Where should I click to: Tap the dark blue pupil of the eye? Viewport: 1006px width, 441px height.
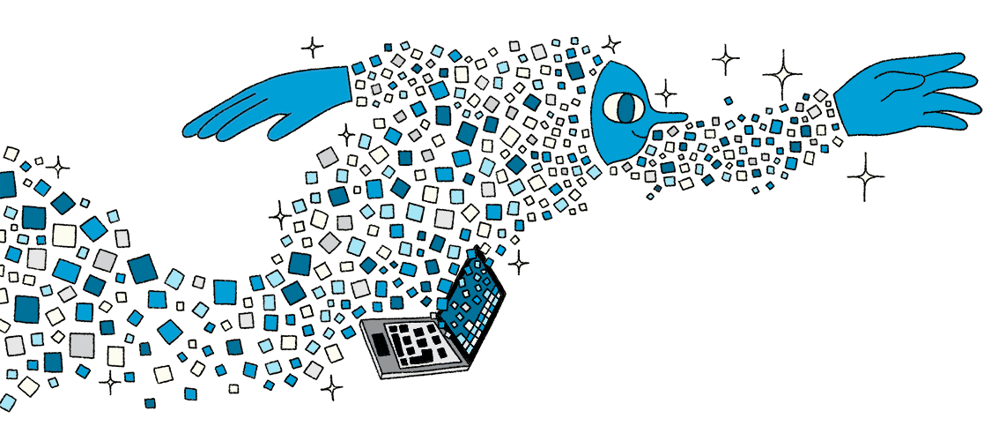[x=625, y=108]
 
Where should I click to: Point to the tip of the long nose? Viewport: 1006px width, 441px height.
[x=683, y=116]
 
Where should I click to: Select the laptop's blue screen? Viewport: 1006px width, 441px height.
[x=474, y=295]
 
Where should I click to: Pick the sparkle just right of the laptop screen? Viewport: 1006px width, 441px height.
[x=520, y=262]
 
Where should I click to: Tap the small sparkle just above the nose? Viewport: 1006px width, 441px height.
[x=666, y=92]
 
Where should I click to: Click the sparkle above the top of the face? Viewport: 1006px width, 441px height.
[x=610, y=44]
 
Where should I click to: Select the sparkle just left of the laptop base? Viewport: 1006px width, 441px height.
[x=331, y=386]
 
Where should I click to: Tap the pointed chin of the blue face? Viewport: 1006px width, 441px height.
[x=615, y=163]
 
